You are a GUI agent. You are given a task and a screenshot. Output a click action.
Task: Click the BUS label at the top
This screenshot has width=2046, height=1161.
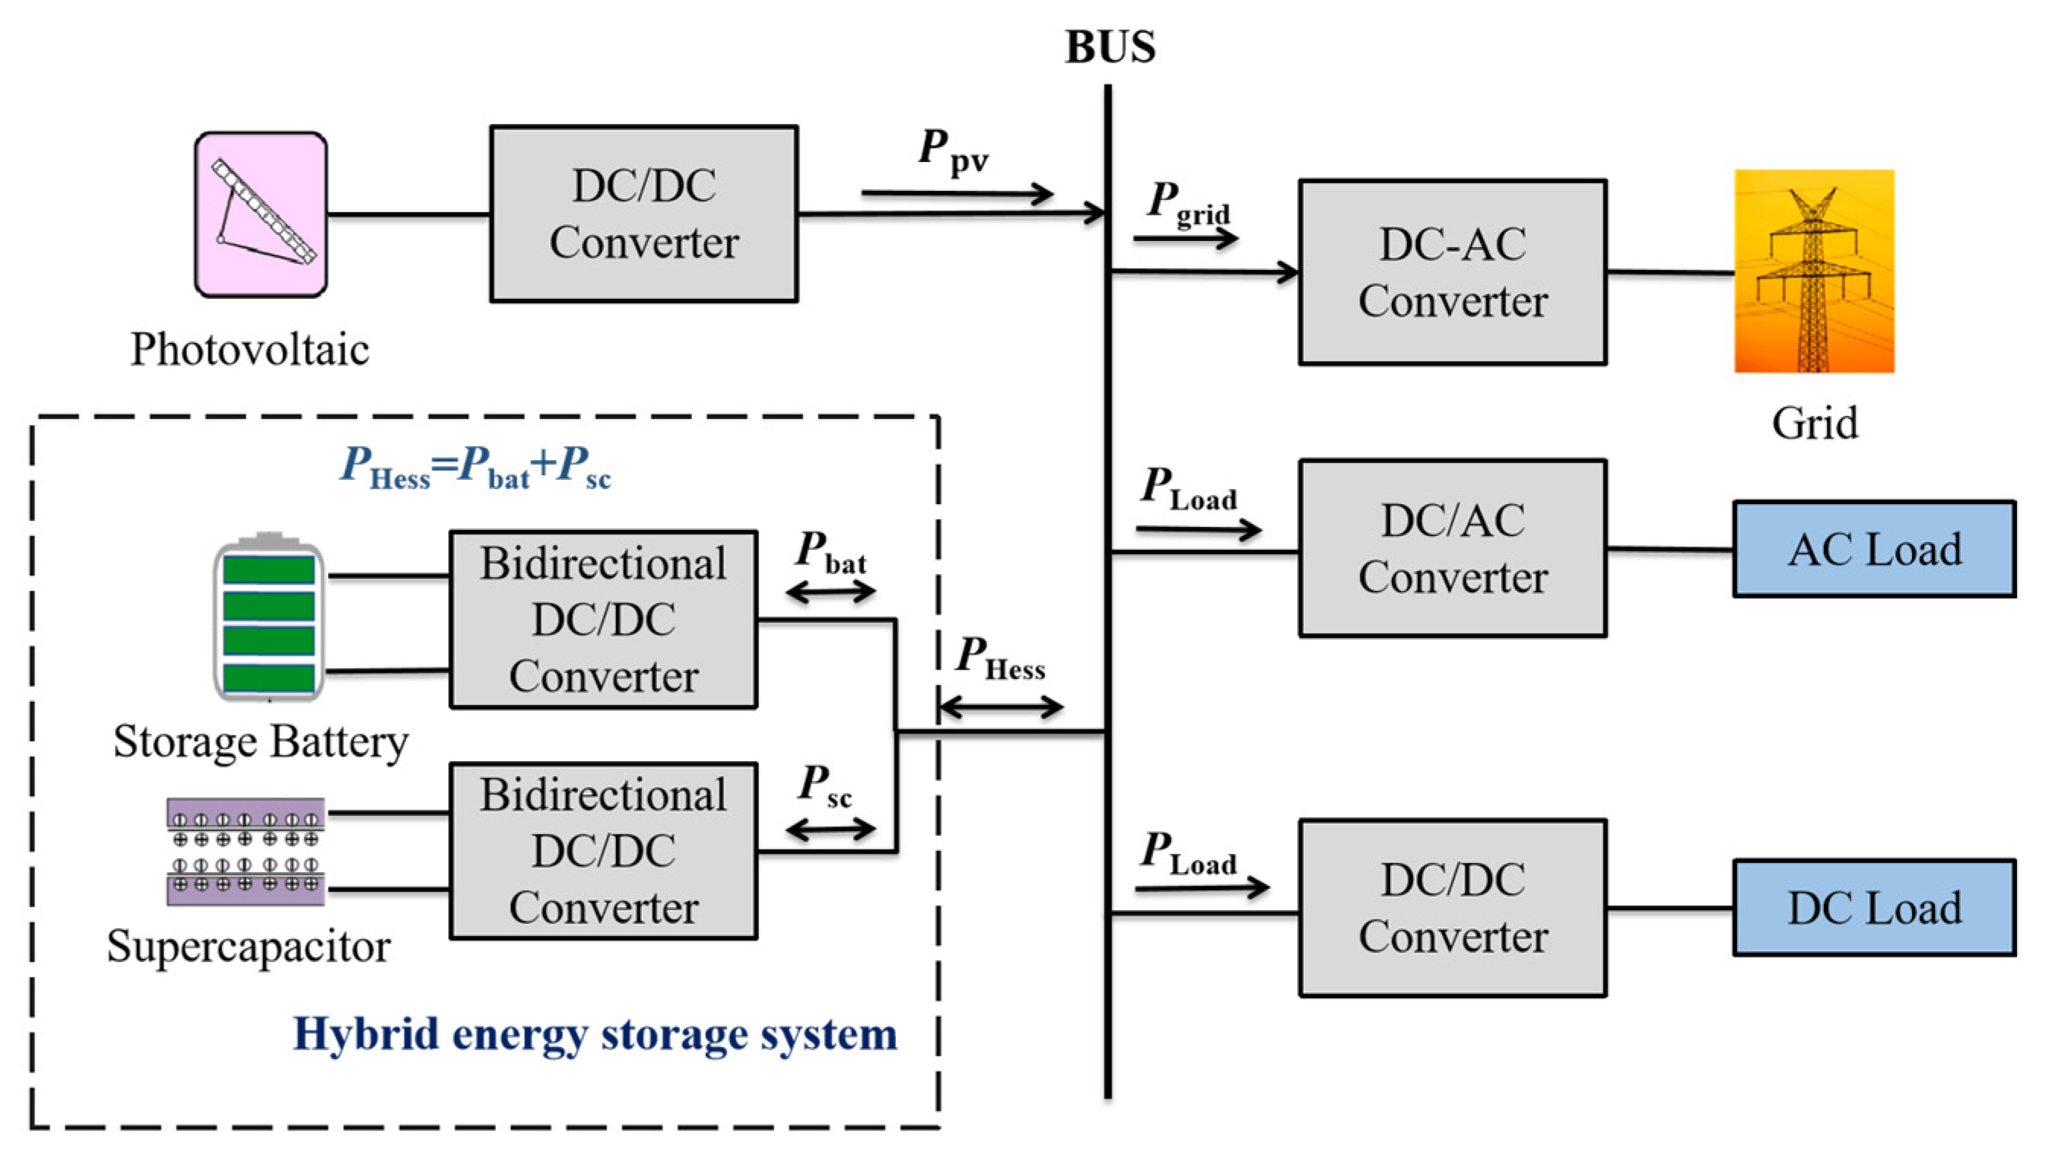coord(1110,46)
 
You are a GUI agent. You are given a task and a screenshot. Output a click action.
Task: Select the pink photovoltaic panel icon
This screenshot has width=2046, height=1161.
coord(261,214)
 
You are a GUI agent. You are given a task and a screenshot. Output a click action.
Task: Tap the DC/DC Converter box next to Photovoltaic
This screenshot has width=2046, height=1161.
coord(643,214)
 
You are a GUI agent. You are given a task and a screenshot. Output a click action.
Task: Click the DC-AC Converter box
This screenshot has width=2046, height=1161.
coord(1452,273)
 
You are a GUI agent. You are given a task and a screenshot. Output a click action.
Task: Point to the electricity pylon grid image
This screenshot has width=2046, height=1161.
coord(1813,271)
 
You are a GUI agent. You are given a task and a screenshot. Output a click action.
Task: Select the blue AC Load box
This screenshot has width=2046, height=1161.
coord(1873,550)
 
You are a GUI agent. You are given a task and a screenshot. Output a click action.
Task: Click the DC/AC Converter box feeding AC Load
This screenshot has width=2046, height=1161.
coord(1452,549)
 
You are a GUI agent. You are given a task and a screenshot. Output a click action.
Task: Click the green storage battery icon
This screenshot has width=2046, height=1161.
coord(268,618)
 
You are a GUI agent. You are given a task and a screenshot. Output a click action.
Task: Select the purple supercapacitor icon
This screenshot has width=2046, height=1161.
coord(246,852)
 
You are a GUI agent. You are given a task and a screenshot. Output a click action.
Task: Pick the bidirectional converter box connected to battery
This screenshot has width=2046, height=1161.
coord(603,620)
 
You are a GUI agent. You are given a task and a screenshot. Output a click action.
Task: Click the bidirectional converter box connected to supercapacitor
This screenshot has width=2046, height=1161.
coord(603,851)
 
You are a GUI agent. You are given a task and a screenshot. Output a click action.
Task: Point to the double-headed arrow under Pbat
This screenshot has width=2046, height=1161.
coord(831,592)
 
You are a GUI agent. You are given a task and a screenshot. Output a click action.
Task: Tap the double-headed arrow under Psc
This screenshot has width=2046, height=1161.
coord(831,830)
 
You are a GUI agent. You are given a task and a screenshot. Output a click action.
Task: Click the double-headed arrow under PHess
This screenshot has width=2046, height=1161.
coord(1001,706)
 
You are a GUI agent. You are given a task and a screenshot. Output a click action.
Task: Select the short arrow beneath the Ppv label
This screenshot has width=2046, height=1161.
coord(956,193)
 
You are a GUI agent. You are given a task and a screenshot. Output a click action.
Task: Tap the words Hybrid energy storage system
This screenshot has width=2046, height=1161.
coord(595,1034)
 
